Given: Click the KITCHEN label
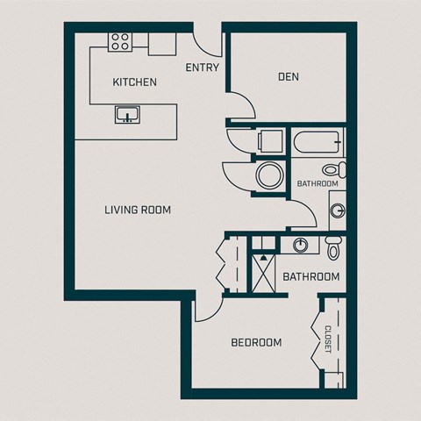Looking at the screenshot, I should click(x=135, y=82).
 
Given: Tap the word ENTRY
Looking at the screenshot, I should click(x=202, y=68).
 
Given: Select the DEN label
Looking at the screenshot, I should click(x=289, y=76).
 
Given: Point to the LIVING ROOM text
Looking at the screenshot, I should click(x=137, y=210).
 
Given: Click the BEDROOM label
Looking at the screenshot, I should click(x=256, y=342).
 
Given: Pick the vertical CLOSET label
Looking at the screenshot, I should click(x=328, y=340).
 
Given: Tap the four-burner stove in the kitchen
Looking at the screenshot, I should click(x=120, y=40).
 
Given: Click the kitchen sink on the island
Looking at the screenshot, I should click(x=126, y=113).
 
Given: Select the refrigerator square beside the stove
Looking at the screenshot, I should click(x=161, y=43).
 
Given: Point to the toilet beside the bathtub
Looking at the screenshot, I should click(x=332, y=168).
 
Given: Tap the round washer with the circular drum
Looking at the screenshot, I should click(x=267, y=176).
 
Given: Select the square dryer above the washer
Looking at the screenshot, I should click(x=268, y=142).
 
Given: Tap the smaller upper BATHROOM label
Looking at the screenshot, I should click(x=317, y=184).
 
